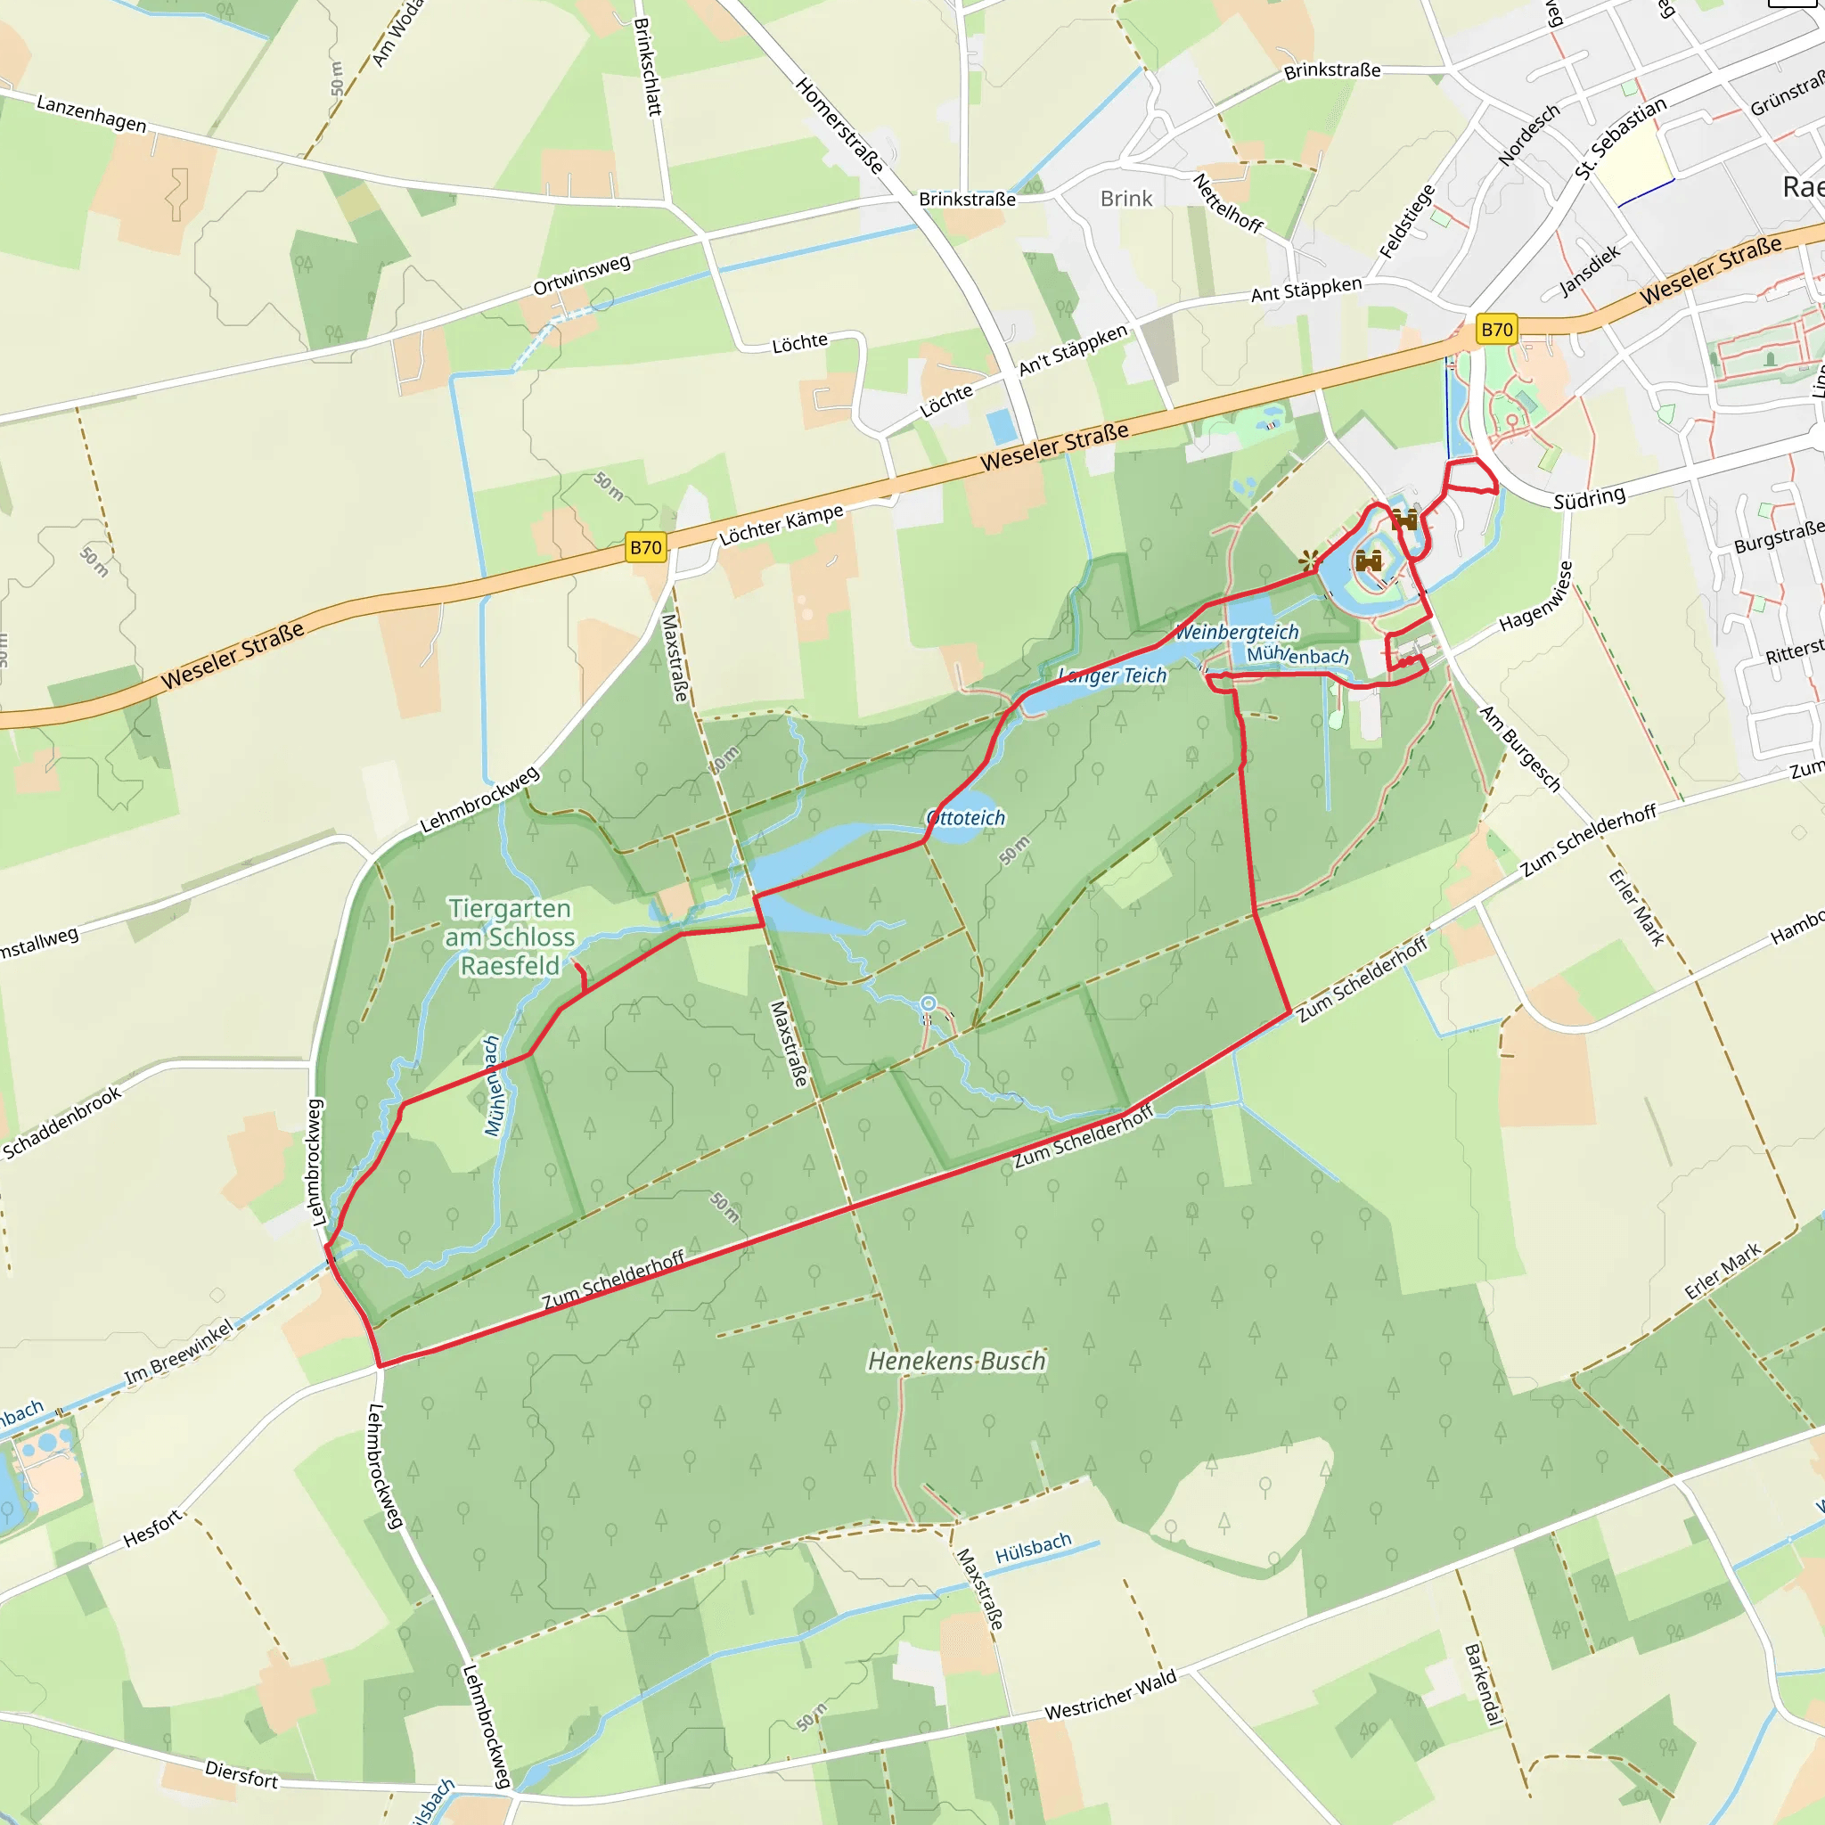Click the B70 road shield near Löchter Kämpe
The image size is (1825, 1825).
(646, 547)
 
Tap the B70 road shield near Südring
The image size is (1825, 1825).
(1496, 330)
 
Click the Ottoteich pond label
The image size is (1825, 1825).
(965, 818)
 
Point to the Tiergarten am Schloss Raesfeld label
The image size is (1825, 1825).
(510, 937)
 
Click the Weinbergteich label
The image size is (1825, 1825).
(1237, 632)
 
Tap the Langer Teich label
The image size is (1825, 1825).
(1113, 675)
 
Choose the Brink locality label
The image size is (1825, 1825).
(1126, 199)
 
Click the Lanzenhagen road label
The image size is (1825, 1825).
(92, 113)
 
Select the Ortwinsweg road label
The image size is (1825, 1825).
(582, 274)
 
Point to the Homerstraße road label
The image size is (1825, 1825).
(839, 126)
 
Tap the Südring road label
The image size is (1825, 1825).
(1590, 497)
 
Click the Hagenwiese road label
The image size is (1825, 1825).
(1536, 596)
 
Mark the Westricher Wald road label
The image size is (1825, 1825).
(1111, 1694)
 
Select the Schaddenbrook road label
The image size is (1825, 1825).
(62, 1122)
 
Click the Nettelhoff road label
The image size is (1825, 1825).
(1228, 203)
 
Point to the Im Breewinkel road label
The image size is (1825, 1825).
(178, 1354)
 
